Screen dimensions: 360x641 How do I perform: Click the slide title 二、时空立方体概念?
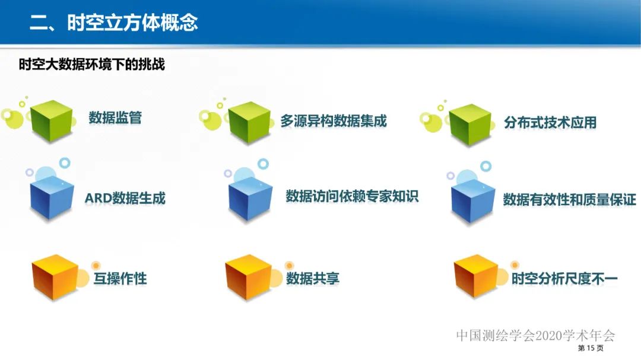pyautogui.click(x=114, y=23)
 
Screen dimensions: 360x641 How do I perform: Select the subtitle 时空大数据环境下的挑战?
pyautogui.click(x=91, y=65)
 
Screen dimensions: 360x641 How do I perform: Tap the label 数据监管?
pyautogui.click(x=115, y=117)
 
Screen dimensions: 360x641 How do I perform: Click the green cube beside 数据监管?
pyautogui.click(x=51, y=121)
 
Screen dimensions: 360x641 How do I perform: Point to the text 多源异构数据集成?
pyautogui.click(x=333, y=121)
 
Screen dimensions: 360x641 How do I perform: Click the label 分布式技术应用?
pyautogui.click(x=550, y=123)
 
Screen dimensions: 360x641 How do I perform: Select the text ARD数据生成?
pyautogui.click(x=125, y=198)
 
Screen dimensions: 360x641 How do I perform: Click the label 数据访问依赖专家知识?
pyautogui.click(x=352, y=196)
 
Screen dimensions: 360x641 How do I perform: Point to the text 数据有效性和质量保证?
pyautogui.click(x=569, y=199)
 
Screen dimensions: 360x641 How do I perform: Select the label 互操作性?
pyautogui.click(x=120, y=278)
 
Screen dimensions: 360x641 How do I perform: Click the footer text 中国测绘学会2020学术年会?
pyautogui.click(x=535, y=335)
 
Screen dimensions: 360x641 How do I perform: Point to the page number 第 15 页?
pyautogui.click(x=590, y=348)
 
